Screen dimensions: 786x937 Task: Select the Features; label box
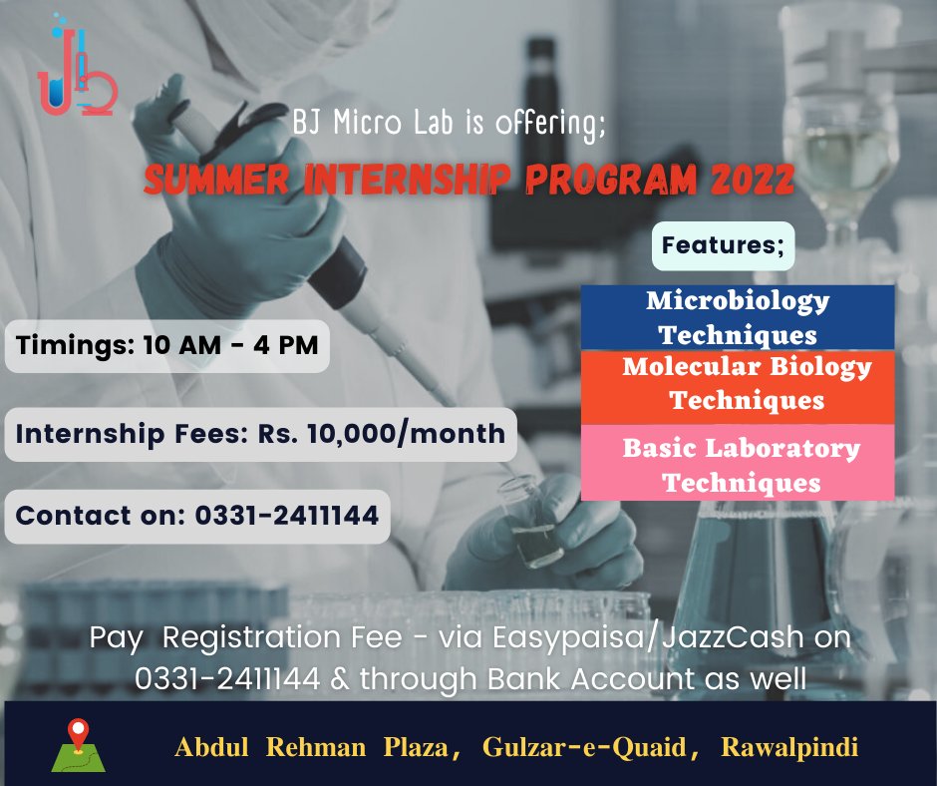coord(723,244)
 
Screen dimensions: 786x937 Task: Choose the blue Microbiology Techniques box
coord(738,317)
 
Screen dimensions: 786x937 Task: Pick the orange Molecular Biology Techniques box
coord(738,384)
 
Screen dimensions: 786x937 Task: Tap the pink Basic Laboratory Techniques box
coord(738,464)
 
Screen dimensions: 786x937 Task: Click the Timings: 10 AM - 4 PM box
coord(167,345)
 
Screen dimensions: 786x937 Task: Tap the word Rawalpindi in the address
coord(789,746)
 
